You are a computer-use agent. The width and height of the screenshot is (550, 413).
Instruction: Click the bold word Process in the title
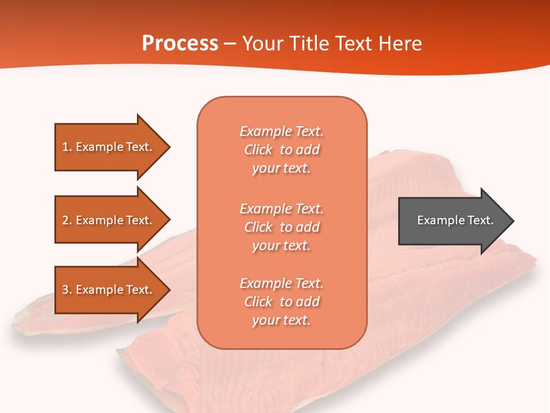pos(180,44)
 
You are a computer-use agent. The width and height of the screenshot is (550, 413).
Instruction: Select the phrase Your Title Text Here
pos(332,44)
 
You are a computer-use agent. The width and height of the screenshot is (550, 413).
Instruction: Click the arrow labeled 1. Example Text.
pos(109,147)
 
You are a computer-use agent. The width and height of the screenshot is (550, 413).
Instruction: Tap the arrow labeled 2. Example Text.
pos(109,220)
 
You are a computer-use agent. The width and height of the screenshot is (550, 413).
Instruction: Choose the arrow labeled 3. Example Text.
pos(109,290)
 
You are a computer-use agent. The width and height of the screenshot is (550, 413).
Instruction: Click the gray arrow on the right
pos(453,220)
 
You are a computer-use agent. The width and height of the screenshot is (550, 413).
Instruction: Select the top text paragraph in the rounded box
pos(281,150)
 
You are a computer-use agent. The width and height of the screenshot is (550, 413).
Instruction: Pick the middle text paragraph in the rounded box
pos(281,227)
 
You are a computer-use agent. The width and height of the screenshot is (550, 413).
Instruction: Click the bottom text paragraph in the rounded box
pos(281,302)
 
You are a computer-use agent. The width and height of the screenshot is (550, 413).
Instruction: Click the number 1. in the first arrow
pos(67,147)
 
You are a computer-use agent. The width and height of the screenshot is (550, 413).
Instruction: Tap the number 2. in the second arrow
pos(67,220)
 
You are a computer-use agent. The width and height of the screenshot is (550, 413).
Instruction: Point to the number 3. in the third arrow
pos(67,290)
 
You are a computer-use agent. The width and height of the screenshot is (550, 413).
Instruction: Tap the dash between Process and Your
pos(230,44)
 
